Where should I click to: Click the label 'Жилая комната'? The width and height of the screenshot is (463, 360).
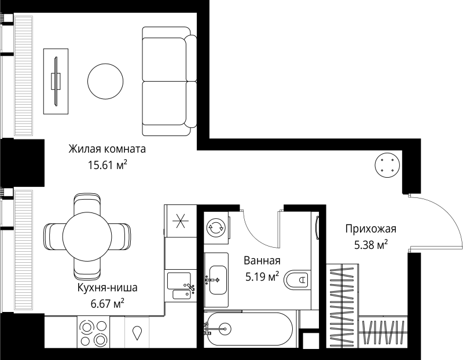pos(107,149)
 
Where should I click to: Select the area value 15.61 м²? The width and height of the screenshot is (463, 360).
pos(107,166)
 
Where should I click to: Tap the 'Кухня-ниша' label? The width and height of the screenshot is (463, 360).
pos(108,287)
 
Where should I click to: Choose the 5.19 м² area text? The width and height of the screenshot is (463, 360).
pos(262,276)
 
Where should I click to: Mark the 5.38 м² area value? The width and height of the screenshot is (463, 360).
pos(370,245)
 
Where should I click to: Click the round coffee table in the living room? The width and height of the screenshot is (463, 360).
pos(105,82)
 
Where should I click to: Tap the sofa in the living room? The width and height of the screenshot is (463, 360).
pos(169,81)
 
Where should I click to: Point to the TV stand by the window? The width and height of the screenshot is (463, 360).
pos(57,81)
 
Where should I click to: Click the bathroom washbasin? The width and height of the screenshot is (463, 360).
pos(218,279)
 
